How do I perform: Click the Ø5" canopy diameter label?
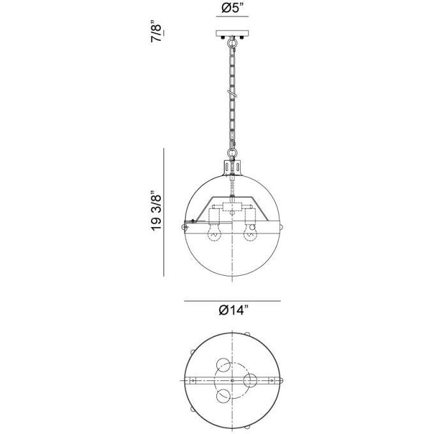point(232,8)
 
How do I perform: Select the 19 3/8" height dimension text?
point(153,211)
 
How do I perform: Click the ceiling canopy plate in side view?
point(232,34)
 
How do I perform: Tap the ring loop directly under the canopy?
point(232,44)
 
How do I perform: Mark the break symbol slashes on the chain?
point(232,95)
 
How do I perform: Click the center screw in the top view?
point(232,380)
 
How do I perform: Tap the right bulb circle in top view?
point(250,380)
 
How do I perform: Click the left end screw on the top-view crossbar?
point(191,380)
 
